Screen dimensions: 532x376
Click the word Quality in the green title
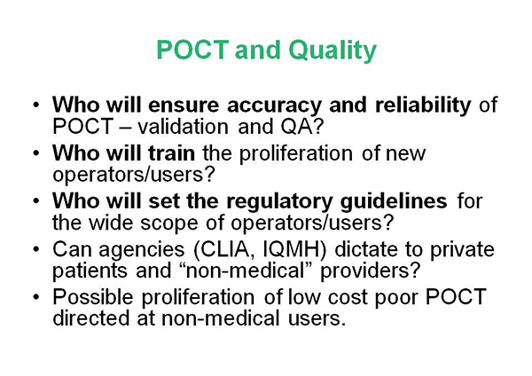point(332,51)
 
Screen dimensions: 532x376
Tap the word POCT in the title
point(192,50)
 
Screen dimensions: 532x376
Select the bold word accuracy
point(274,106)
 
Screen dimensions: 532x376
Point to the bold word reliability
point(423,104)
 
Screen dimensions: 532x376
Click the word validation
point(183,126)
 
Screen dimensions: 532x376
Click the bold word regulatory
point(279,202)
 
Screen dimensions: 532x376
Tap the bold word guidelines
point(394,201)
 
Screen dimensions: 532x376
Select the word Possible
point(92,296)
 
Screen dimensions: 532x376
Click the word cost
point(348,297)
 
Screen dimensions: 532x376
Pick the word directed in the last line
point(91,318)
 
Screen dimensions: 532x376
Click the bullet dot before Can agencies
point(36,250)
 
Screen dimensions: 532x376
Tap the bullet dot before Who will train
point(36,153)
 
